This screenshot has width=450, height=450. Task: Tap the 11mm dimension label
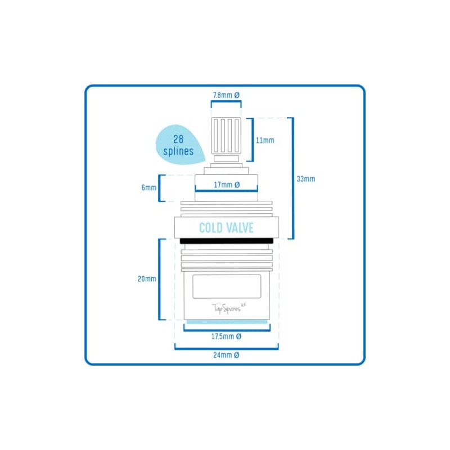264,140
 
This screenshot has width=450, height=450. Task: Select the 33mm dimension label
306,179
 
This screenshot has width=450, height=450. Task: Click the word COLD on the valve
211,228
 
